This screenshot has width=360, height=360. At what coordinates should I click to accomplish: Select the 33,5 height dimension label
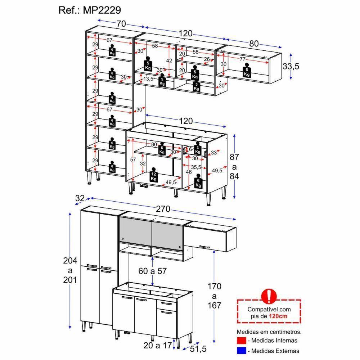291,66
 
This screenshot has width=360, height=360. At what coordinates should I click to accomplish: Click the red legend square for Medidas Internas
241,340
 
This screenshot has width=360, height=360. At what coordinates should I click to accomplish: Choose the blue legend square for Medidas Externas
241,350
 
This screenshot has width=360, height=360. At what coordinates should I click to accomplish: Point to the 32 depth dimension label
80,198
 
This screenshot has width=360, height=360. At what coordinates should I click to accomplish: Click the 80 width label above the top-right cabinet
254,44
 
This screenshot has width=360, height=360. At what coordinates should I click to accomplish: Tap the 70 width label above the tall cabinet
121,24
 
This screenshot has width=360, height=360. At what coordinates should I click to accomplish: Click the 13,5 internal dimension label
148,79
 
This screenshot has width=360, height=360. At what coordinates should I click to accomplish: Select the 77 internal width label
242,59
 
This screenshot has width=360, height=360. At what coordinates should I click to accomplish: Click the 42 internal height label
169,60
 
